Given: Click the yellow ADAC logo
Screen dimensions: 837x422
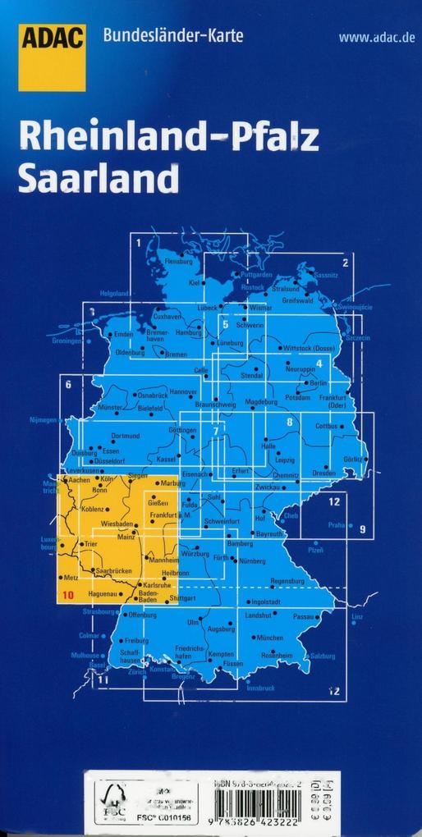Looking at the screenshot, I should tap(53, 57).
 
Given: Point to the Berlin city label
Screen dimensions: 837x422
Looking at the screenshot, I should tap(319, 383).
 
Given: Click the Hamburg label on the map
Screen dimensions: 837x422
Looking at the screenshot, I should tap(188, 332).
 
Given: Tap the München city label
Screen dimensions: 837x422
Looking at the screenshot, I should tap(269, 638).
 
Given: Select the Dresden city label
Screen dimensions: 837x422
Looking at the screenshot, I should tap(323, 473).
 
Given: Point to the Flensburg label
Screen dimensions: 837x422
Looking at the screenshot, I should tap(178, 261).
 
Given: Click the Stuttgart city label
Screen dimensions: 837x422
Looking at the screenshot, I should tap(183, 598).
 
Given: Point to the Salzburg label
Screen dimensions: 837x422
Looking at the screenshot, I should tap(323, 656).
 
